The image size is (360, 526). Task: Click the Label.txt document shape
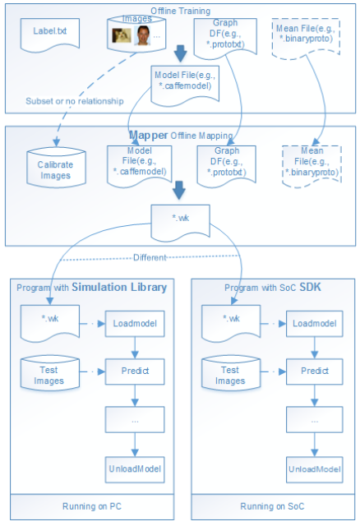[50, 35]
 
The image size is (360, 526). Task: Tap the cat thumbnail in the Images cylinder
[122, 35]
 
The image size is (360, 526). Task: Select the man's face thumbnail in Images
[142, 35]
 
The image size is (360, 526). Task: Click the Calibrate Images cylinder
[57, 168]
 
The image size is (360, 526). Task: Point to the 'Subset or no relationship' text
[75, 101]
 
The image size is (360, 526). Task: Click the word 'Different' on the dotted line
[150, 257]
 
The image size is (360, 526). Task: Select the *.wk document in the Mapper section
[181, 222]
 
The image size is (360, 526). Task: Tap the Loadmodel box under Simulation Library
[135, 324]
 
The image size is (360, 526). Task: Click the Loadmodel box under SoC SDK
[314, 324]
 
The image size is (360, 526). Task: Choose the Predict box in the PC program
[135, 371]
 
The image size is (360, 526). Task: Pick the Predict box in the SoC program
[314, 371]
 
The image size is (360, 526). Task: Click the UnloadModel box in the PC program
[135, 469]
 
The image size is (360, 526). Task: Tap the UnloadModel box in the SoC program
[314, 469]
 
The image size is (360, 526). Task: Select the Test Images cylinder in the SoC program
[231, 374]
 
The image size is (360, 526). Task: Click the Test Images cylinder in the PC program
[50, 374]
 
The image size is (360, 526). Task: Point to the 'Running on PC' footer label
[92, 506]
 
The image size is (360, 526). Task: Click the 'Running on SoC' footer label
[272, 506]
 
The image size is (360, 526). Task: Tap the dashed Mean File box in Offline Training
[306, 38]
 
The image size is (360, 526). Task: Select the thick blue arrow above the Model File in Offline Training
[181, 53]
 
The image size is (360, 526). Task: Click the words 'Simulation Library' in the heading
[119, 287]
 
